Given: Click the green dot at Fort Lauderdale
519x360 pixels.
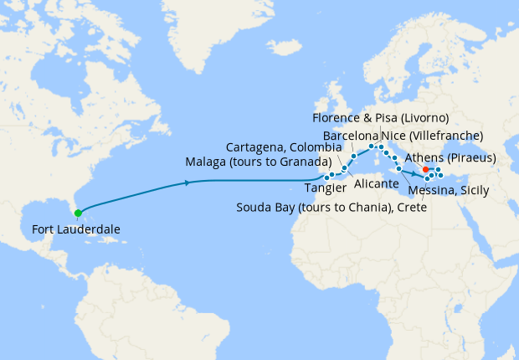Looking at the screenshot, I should [x=77, y=213].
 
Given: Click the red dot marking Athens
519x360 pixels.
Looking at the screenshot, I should [x=426, y=170].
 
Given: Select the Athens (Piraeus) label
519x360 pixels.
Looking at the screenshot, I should [x=450, y=158].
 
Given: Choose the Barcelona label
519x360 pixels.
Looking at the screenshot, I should [x=350, y=134].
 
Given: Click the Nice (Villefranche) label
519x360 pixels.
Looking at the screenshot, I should [x=431, y=134].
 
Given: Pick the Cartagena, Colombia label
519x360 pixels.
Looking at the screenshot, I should [x=281, y=147].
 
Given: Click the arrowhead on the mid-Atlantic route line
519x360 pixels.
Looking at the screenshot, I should [x=185, y=182].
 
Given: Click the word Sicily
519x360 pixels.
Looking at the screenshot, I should [x=474, y=191].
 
